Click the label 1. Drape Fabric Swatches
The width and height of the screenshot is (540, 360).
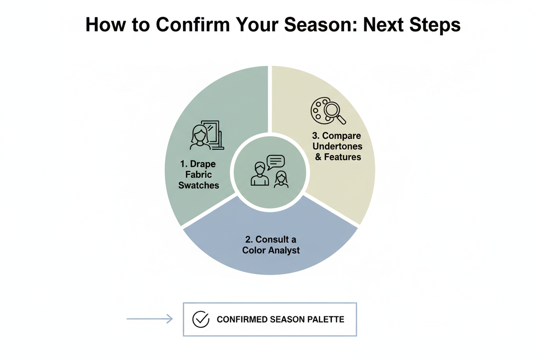click(x=199, y=175)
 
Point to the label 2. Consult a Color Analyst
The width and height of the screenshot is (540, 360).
click(x=271, y=244)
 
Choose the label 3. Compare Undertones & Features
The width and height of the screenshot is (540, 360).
click(x=337, y=146)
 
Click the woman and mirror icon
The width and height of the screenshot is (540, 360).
click(x=206, y=135)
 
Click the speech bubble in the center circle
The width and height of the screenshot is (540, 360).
click(x=275, y=162)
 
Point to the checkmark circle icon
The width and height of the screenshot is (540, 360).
click(x=200, y=319)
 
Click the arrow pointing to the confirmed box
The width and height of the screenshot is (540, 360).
click(x=149, y=319)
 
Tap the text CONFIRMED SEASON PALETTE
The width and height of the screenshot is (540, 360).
click(x=280, y=320)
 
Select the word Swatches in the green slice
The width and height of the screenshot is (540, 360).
click(x=199, y=185)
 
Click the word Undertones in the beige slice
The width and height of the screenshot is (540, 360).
click(x=337, y=146)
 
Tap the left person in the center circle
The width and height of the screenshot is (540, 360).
click(x=260, y=174)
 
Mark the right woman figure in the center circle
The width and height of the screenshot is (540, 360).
click(x=281, y=179)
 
